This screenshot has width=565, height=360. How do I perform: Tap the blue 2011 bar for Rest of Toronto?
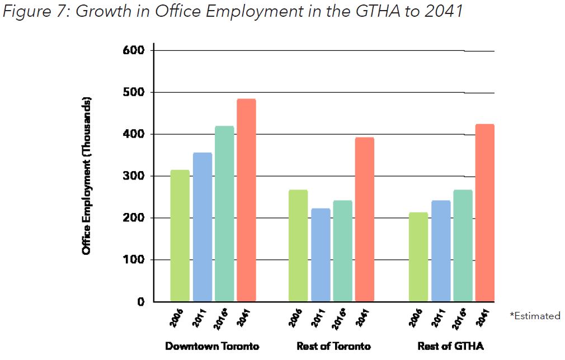pyautogui.click(x=321, y=254)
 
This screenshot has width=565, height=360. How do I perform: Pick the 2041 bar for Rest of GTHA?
pyautogui.click(x=484, y=212)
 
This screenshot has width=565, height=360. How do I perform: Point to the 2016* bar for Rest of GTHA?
pyautogui.click(x=463, y=245)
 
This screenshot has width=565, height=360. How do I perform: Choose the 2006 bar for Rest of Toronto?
pyautogui.click(x=298, y=245)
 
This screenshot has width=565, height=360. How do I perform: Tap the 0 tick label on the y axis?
pyautogui.click(x=141, y=302)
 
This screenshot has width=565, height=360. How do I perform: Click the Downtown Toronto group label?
pyautogui.click(x=212, y=346)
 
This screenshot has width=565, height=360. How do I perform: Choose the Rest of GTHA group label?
pyautogui.click(x=450, y=346)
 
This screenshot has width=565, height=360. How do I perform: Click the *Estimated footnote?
pyautogui.click(x=534, y=316)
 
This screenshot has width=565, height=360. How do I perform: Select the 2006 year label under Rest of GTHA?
pyautogui.click(x=417, y=317)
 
